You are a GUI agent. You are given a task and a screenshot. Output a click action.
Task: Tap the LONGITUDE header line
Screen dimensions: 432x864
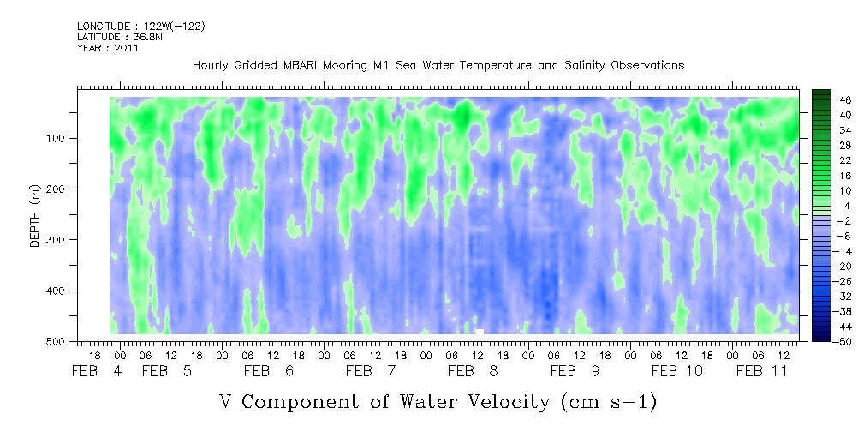click(140, 27)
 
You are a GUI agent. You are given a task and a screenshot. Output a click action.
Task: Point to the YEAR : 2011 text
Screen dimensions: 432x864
click(107, 48)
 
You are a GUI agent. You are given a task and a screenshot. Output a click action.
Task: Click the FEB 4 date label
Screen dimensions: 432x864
click(96, 371)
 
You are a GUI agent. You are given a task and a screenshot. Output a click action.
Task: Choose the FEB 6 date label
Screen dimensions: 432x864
click(268, 371)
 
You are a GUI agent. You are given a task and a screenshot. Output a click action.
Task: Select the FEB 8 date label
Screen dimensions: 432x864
click(473, 371)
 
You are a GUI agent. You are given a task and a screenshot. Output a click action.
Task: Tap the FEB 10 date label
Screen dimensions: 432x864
click(676, 371)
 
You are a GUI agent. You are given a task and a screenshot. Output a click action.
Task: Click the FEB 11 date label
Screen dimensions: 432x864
click(761, 371)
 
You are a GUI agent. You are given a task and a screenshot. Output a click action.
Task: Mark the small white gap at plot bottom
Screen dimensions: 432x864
click(480, 331)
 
